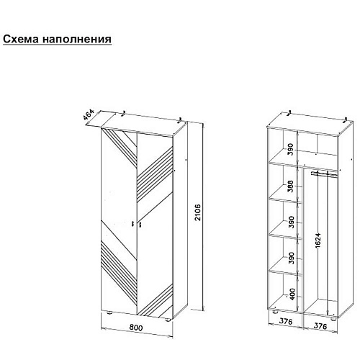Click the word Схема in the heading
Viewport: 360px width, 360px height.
click(x=21, y=39)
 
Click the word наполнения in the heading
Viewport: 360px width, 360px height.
click(x=77, y=40)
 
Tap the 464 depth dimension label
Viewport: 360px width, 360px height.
click(x=88, y=115)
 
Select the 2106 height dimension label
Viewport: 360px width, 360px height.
click(x=197, y=212)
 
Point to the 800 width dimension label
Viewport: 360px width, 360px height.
click(x=136, y=328)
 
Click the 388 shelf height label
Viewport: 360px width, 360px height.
click(x=290, y=186)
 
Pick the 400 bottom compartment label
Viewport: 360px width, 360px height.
click(x=292, y=294)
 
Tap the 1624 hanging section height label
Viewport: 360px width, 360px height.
click(x=318, y=240)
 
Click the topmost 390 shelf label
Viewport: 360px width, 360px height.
click(x=290, y=149)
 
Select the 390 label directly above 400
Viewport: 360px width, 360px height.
click(x=292, y=258)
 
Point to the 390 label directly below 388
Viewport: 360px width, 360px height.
click(x=291, y=222)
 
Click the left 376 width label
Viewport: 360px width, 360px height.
click(x=286, y=321)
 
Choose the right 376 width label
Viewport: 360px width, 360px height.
click(x=320, y=326)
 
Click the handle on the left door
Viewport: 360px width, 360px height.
click(x=132, y=224)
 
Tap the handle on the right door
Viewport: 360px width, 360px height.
click(x=140, y=225)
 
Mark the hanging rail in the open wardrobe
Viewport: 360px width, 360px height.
click(x=323, y=174)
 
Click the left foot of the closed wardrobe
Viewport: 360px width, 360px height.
click(x=109, y=312)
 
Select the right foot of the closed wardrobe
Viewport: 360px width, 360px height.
click(x=168, y=320)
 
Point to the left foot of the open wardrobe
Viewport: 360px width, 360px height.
click(x=275, y=312)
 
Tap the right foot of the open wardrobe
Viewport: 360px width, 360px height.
click(x=333, y=320)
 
